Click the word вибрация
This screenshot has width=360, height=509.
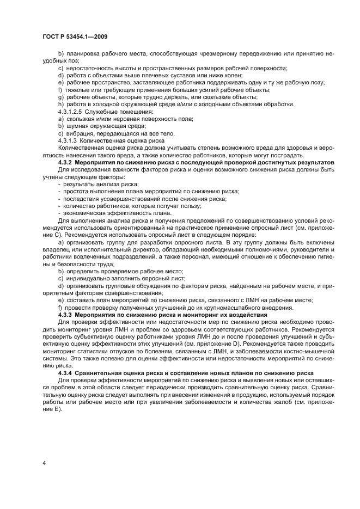pos(80,133)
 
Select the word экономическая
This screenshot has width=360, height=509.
pos(84,212)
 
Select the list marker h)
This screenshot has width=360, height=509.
pos(60,105)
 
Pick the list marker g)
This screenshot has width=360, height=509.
pos(60,97)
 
